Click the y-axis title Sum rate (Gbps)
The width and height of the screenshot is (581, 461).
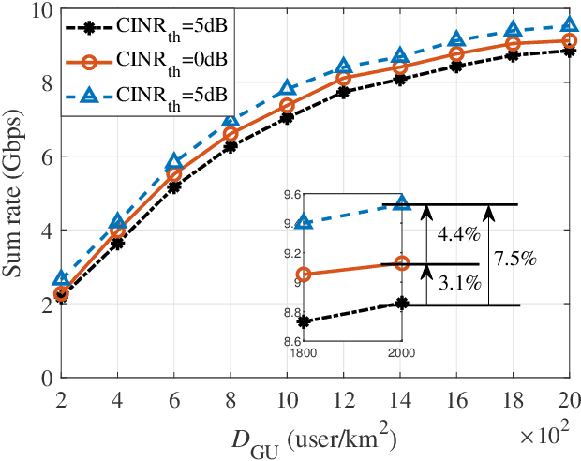17,193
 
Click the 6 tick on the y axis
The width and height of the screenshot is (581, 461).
44,156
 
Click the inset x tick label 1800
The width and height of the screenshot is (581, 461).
305,352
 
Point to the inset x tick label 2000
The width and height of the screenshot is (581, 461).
402,352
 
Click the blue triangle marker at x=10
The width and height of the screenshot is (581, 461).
288,90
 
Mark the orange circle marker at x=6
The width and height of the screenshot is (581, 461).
174,175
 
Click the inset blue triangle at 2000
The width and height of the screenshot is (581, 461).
402,204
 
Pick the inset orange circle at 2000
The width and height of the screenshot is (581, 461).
402,263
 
